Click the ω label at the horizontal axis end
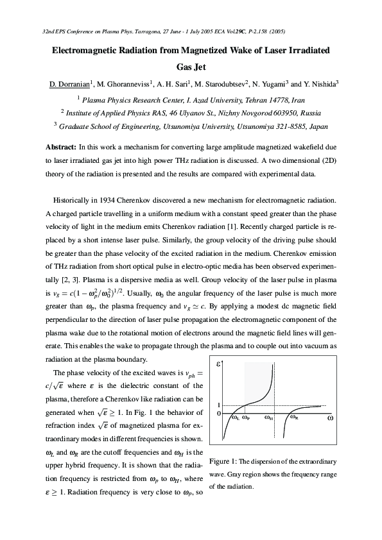pos(330,418)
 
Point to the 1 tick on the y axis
pos(218,405)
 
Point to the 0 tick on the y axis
pos(218,414)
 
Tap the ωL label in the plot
pos(234,418)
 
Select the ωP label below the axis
pos(247,418)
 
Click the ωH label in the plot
pos(269,418)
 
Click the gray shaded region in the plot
pos(257,385)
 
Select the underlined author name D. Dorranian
pos(70,83)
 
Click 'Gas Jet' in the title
pos(191,65)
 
